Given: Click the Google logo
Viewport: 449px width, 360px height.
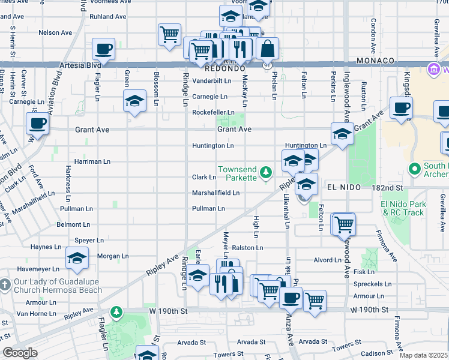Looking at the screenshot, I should tap(20, 353).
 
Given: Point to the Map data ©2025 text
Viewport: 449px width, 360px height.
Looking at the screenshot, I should tap(423, 355).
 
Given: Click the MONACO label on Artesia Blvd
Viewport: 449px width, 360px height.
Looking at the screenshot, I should tap(375, 61).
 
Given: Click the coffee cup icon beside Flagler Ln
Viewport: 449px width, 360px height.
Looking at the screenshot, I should tap(103, 49).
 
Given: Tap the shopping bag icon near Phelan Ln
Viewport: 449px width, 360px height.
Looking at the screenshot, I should tap(268, 48).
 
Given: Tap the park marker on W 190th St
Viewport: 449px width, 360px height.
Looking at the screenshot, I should tap(116, 312).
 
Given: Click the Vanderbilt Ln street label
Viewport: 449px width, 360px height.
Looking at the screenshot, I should tap(211, 80).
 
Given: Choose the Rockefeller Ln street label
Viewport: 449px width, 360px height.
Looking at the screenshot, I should tap(212, 112).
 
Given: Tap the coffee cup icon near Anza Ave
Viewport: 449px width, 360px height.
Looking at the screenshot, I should tap(291, 298).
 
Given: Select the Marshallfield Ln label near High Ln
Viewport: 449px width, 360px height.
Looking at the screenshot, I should tap(215, 193).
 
